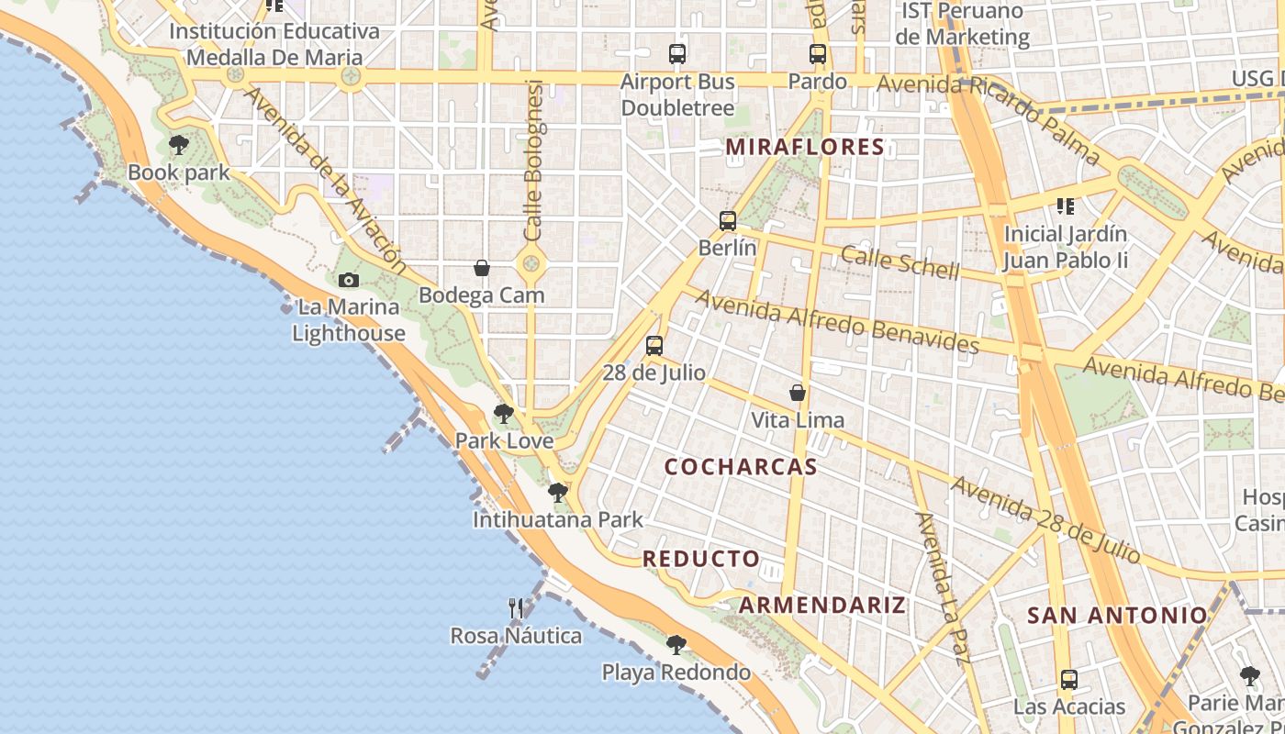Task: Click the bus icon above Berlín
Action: pyautogui.click(x=728, y=220)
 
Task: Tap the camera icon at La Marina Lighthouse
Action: pyautogui.click(x=349, y=280)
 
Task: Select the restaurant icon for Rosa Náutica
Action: pyautogui.click(x=516, y=608)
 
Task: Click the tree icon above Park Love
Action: pyautogui.click(x=503, y=414)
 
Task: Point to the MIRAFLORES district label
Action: pyautogui.click(x=805, y=147)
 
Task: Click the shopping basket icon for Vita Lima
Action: pyautogui.click(x=798, y=393)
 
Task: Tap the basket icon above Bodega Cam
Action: pyautogui.click(x=482, y=268)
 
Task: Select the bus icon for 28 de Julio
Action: pyautogui.click(x=654, y=346)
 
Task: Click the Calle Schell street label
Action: pyautogui.click(x=899, y=263)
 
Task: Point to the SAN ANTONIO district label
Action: pyautogui.click(x=1117, y=615)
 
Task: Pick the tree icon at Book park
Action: pyautogui.click(x=179, y=145)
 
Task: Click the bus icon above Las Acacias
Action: pyautogui.click(x=1068, y=680)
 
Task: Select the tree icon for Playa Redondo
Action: pyautogui.click(x=676, y=645)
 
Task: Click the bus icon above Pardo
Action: pyautogui.click(x=817, y=54)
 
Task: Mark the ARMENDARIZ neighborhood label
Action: pyautogui.click(x=822, y=605)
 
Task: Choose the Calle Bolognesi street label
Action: pyautogui.click(x=533, y=161)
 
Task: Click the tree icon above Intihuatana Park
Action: pyautogui.click(x=557, y=493)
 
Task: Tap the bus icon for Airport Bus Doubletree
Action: pyautogui.click(x=677, y=54)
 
